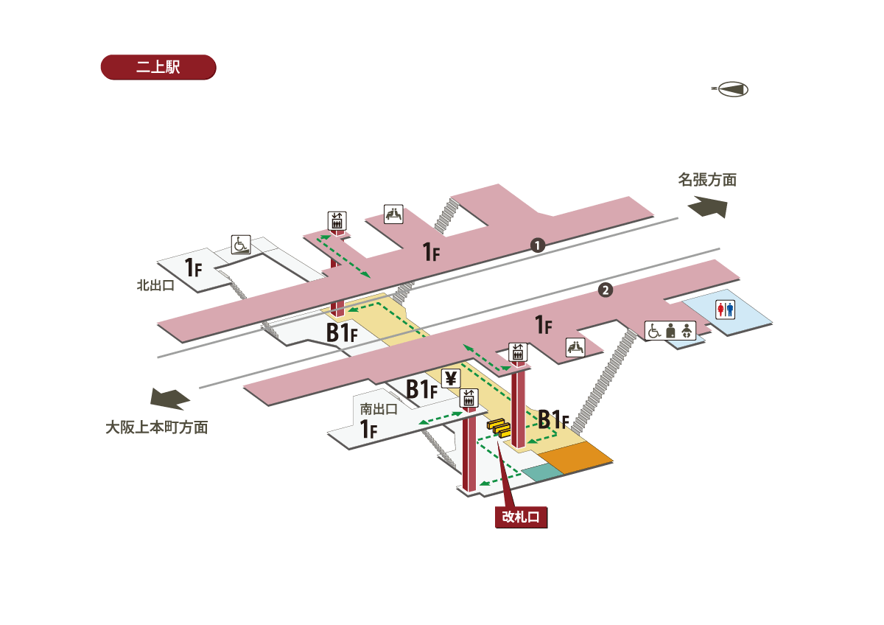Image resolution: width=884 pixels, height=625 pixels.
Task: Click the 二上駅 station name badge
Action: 158,67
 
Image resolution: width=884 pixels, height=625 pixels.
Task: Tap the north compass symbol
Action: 730,89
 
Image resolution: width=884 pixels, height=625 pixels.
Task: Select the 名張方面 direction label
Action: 707,179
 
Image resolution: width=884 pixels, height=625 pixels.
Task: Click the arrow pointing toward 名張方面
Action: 708,208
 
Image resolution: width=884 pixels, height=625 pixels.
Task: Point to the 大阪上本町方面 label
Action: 156,427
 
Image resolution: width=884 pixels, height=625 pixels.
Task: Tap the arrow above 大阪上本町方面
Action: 170,399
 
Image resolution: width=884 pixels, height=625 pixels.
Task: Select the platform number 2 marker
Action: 605,290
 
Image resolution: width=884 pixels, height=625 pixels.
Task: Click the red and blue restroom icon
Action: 726,310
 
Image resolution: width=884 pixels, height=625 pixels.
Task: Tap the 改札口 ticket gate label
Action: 521,517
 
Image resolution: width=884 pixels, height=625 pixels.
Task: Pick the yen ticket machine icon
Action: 451,379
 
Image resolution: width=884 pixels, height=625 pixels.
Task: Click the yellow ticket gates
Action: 499,427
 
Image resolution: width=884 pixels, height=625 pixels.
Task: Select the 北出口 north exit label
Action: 155,284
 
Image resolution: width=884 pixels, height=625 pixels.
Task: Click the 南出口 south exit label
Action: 379,408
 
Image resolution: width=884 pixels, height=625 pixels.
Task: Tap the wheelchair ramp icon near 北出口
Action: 242,243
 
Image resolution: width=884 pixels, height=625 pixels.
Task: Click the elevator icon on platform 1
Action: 337,220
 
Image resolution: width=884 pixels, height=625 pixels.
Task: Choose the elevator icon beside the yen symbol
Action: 469,399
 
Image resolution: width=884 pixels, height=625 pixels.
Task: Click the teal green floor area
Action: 541,472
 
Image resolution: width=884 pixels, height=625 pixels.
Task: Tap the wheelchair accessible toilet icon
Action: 653,331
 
